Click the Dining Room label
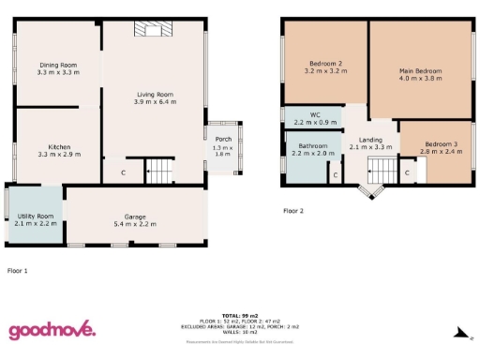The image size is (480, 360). pos(57,64)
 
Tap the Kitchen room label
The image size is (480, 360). pos(59,146)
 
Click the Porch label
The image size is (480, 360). pos(222,140)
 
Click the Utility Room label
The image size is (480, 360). pos(37,217)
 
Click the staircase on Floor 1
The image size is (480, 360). pos(160,172)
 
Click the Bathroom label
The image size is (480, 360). pos(313,146)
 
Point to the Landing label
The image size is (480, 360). pos(369,139)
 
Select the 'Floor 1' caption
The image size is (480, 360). pos(18,270)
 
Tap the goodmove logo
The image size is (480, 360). pos(52,329)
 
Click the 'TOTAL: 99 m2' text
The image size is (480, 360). pos(239,315)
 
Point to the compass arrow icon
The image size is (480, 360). pos(458,331)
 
